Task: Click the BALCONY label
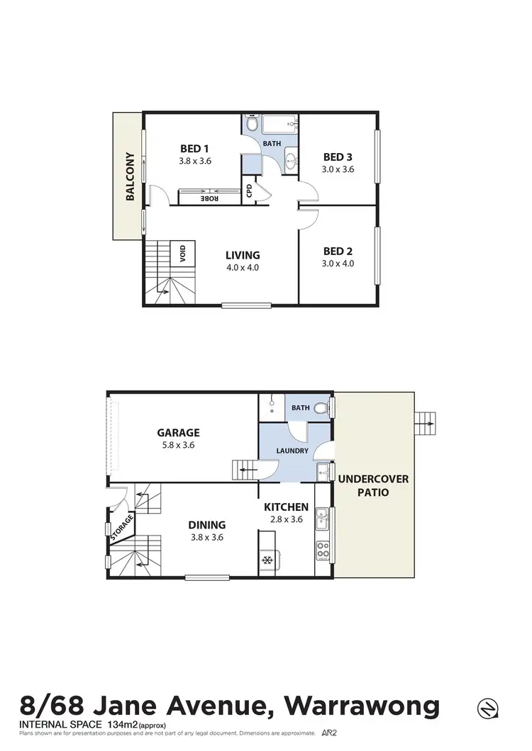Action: [x=130, y=176]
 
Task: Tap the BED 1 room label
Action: [x=194, y=148]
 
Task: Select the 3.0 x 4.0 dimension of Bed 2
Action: [x=338, y=264]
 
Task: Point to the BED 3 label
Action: [x=338, y=157]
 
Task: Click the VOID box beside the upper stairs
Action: [x=183, y=253]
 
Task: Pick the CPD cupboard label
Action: [x=249, y=191]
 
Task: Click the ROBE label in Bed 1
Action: [x=209, y=198]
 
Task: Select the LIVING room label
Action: [x=243, y=255]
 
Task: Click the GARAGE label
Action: [x=178, y=432]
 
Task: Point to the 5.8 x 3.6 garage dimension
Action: [x=178, y=446]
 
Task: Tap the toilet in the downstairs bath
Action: [x=321, y=407]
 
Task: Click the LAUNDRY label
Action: [x=292, y=451]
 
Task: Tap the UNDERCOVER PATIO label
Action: [x=372, y=485]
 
